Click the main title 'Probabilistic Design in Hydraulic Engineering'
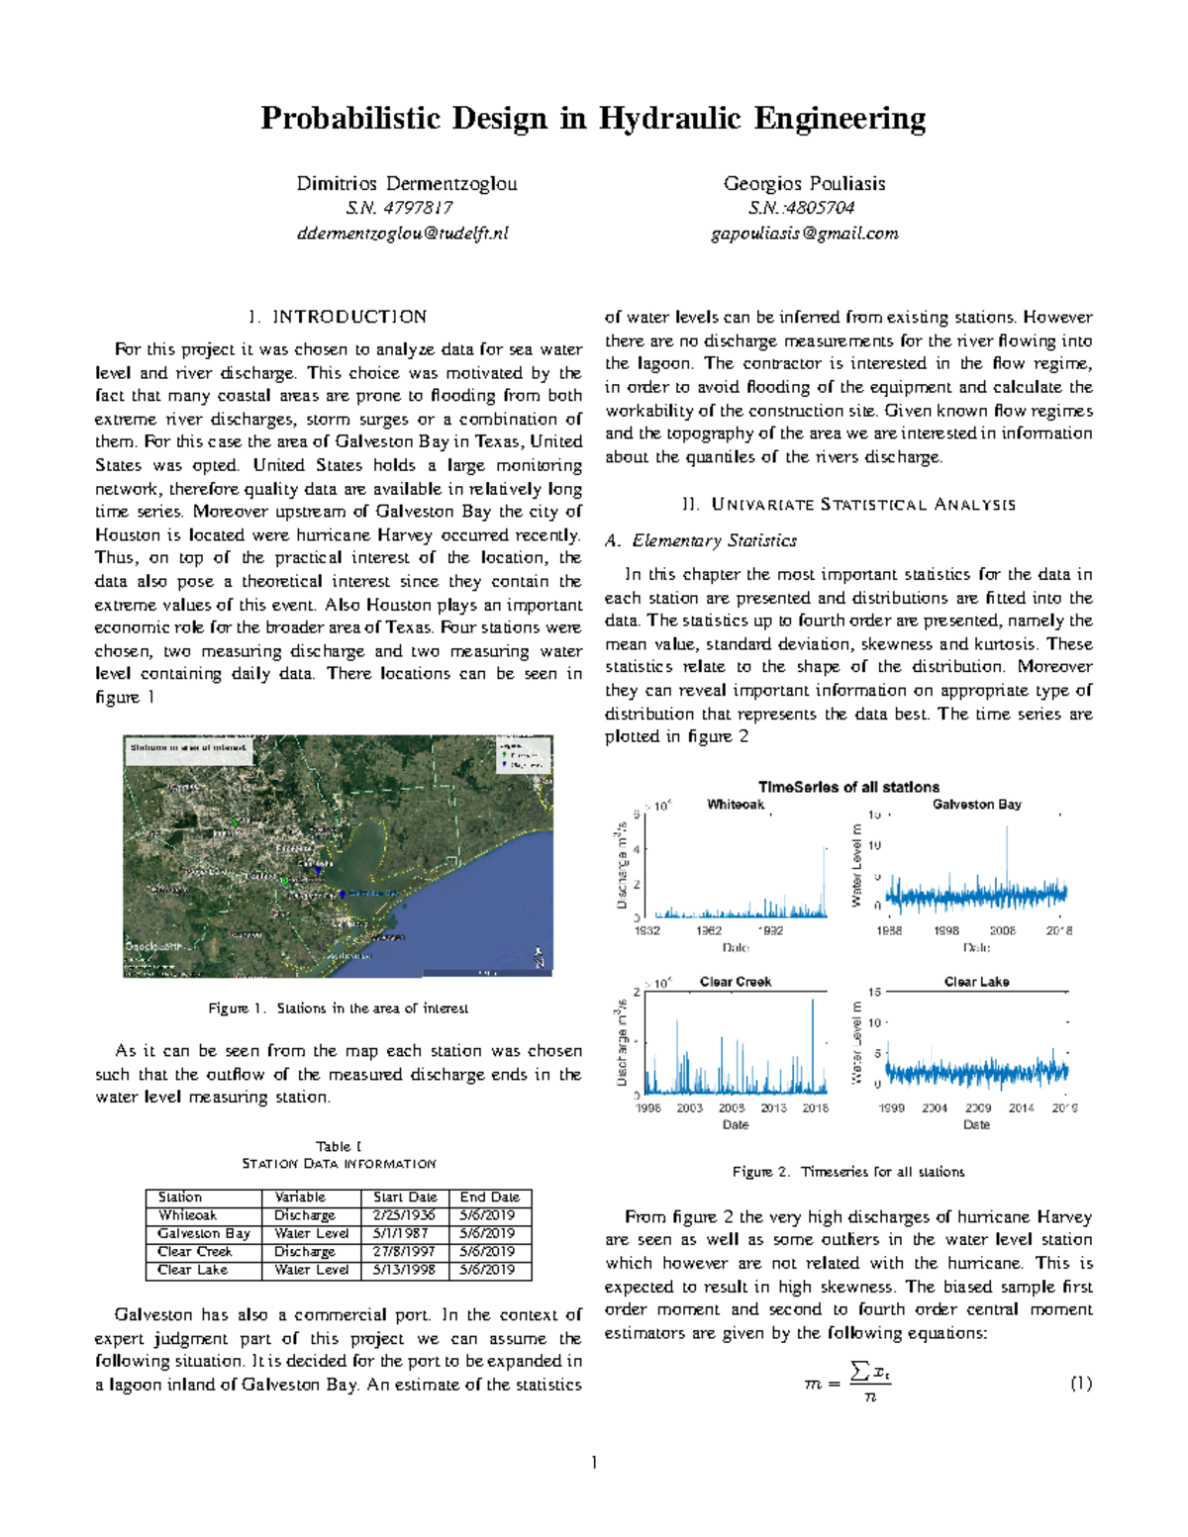click(593, 119)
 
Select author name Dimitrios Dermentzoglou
click(406, 184)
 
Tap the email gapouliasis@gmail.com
click(804, 235)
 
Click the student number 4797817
click(399, 209)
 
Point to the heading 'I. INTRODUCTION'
click(338, 318)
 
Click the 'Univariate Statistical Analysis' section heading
click(848, 505)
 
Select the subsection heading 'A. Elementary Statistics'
click(700, 541)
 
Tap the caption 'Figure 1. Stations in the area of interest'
click(338, 1009)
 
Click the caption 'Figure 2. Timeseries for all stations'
click(848, 1172)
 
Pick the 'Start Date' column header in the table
click(405, 1198)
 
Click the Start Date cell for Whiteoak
click(404, 1215)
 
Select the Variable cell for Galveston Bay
click(311, 1234)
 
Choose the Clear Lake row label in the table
click(193, 1270)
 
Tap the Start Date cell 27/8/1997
click(404, 1252)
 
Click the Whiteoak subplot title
click(736, 805)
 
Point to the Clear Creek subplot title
click(736, 982)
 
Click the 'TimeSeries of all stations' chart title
click(848, 788)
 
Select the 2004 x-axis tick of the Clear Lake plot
click(935, 1108)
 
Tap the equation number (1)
click(1080, 1384)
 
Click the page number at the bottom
click(594, 1463)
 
